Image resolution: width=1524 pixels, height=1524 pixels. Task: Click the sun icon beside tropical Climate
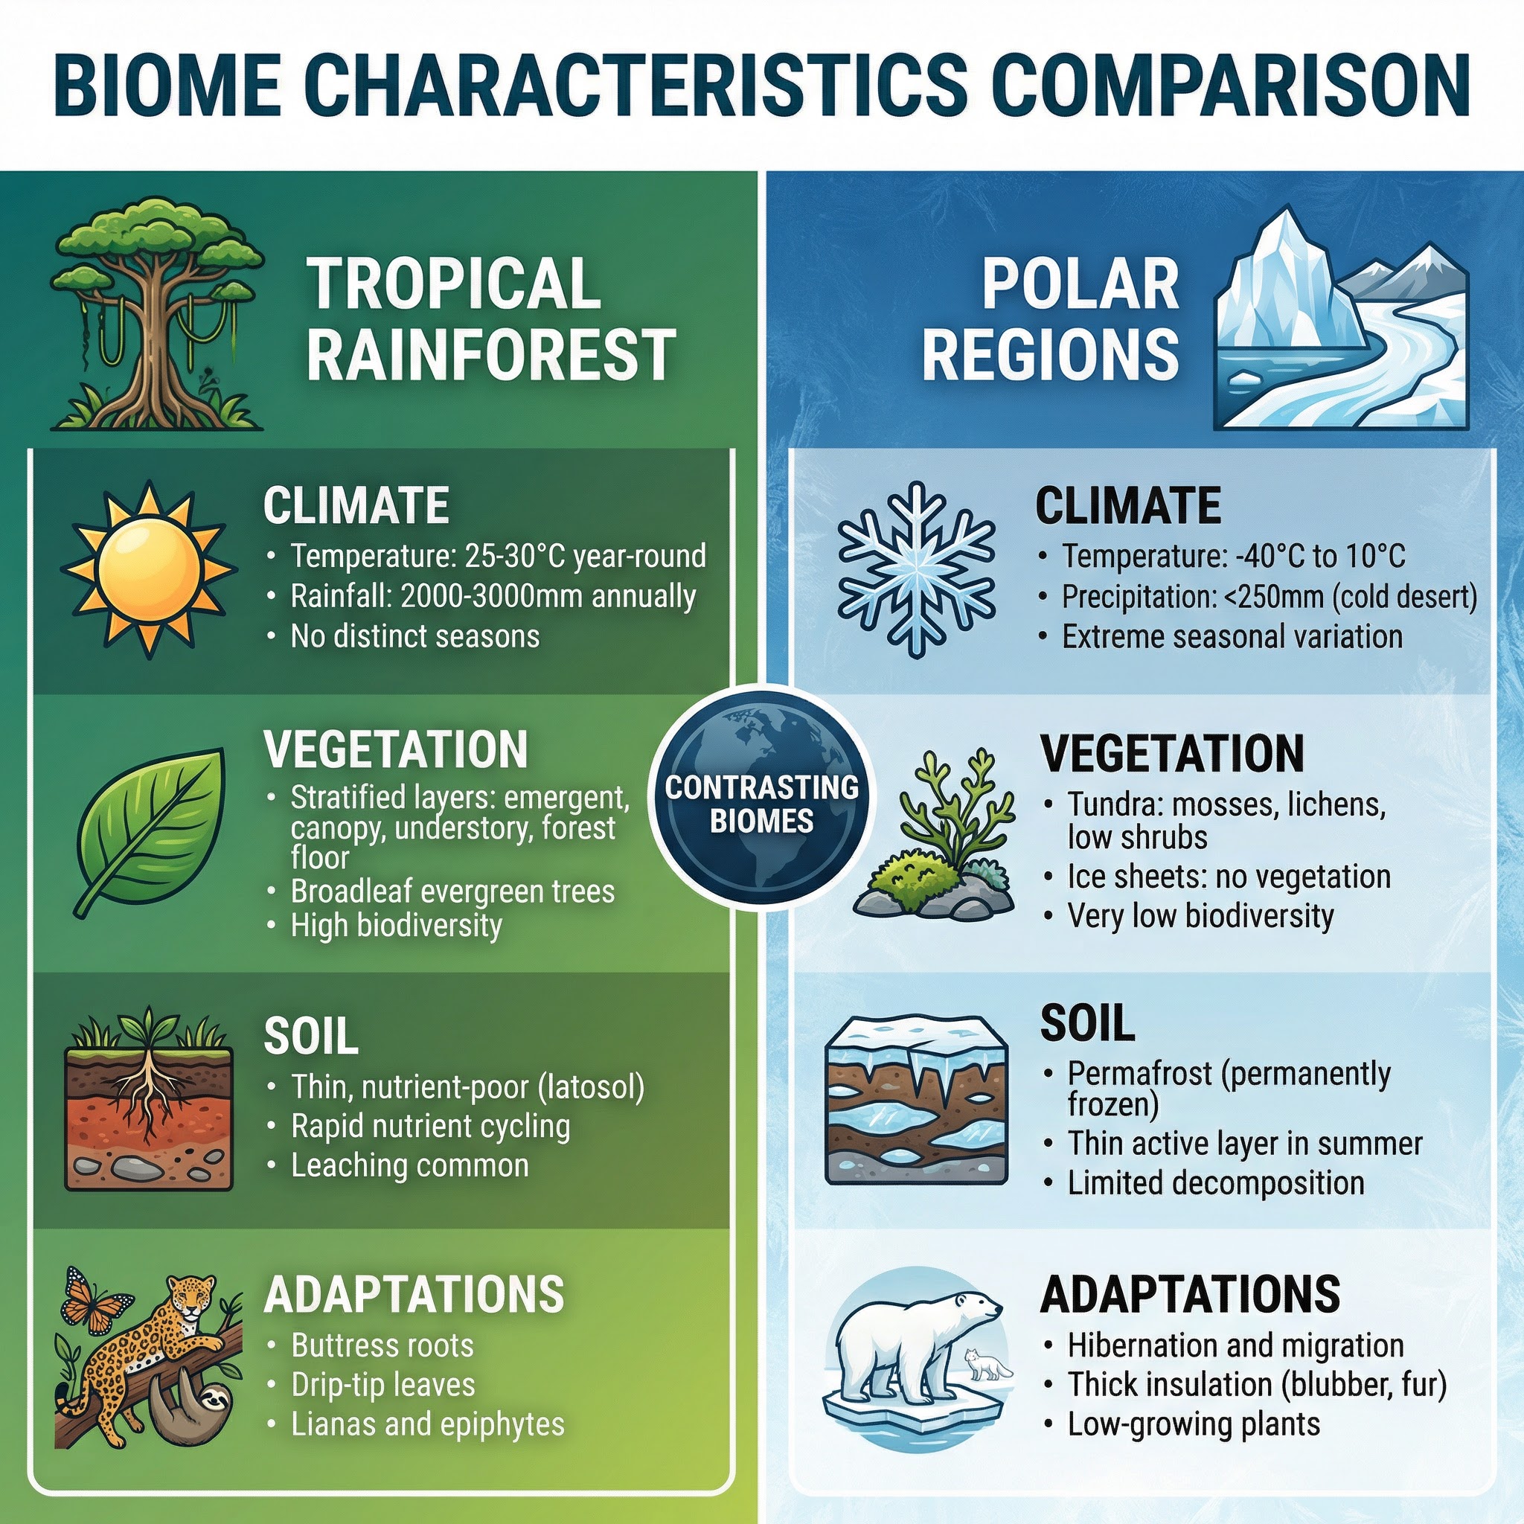pyautogui.click(x=147, y=569)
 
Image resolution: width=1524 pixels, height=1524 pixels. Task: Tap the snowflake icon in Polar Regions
pyautogui.click(x=916, y=569)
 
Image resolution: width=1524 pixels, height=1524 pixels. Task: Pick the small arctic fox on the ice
pyautogui.click(x=986, y=1364)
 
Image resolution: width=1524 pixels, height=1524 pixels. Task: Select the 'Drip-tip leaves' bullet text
pyautogui.click(x=383, y=1384)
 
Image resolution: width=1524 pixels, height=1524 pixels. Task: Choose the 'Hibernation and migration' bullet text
pyautogui.click(x=1235, y=1345)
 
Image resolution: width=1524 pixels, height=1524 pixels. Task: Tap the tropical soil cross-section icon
pyautogui.click(x=148, y=1101)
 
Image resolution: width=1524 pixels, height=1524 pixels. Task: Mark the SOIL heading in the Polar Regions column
pyautogui.click(x=1088, y=1023)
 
